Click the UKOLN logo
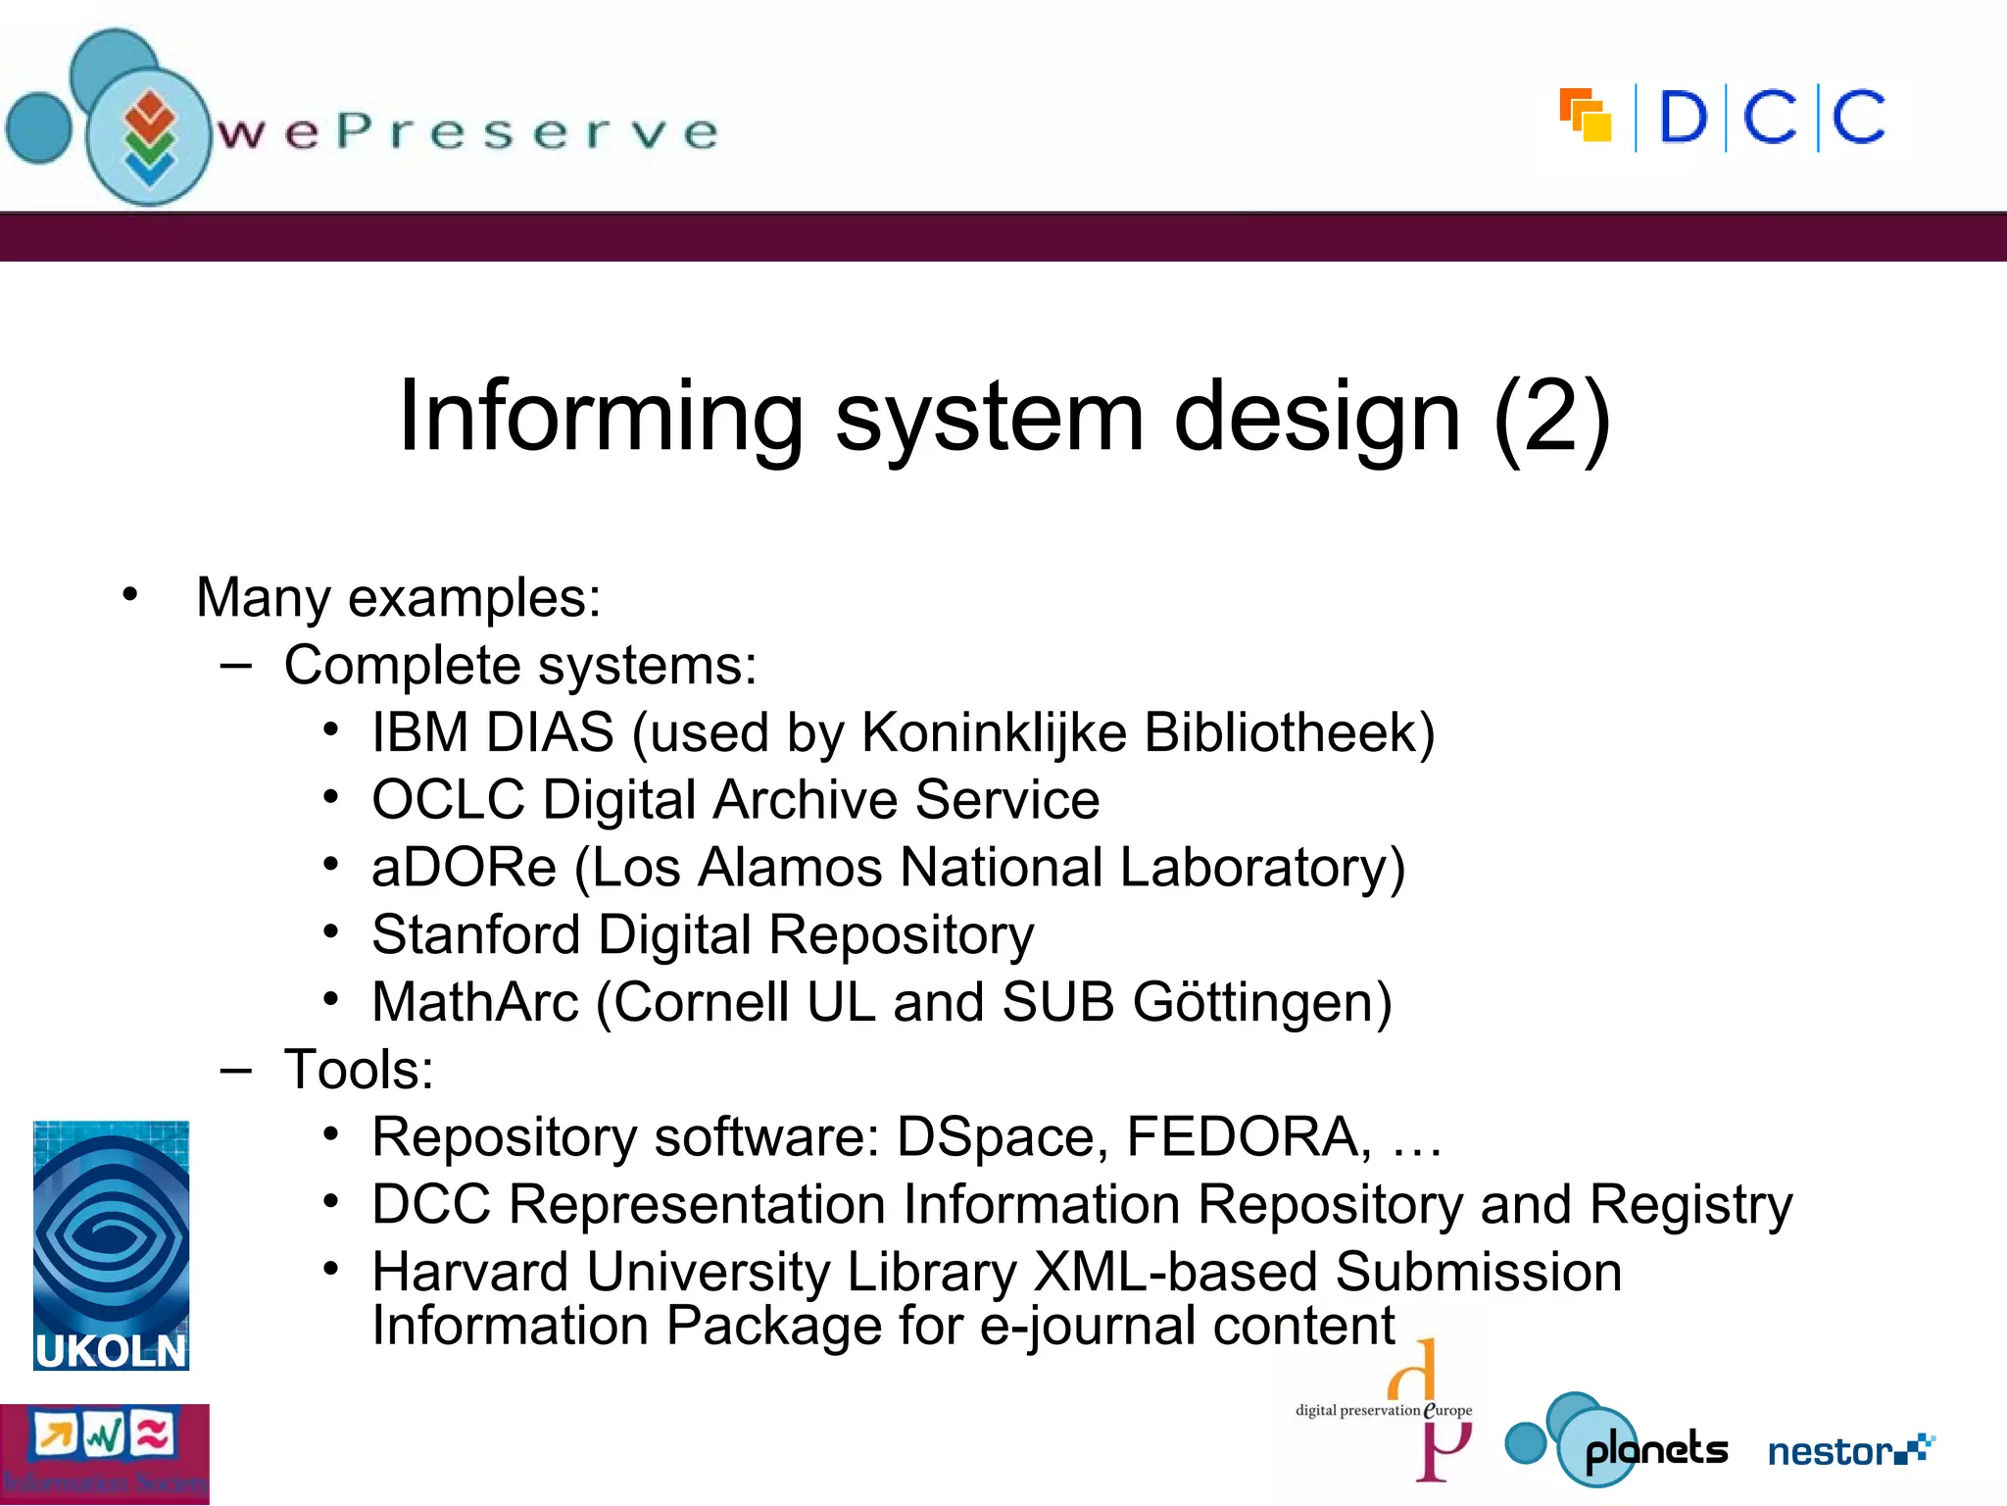pyautogui.click(x=111, y=1244)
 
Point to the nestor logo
pyautogui.click(x=1849, y=1449)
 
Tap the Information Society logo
pyautogui.click(x=104, y=1454)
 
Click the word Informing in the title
pyautogui.click(x=601, y=417)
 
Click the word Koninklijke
pyautogui.click(x=994, y=732)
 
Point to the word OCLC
pyautogui.click(x=448, y=800)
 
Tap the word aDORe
pyautogui.click(x=464, y=868)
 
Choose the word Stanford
pyautogui.click(x=475, y=934)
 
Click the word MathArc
pyautogui.click(x=475, y=1002)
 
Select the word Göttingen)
pyautogui.click(x=1262, y=1002)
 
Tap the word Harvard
pyautogui.click(x=470, y=1272)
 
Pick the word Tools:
pyautogui.click(x=359, y=1070)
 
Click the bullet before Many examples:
pyautogui.click(x=129, y=594)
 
